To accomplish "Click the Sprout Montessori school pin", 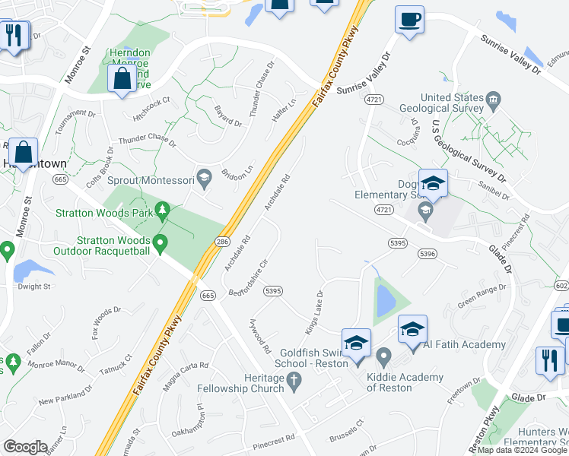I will (203, 179).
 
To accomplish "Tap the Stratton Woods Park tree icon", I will (161, 210).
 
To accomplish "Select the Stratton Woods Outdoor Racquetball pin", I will (160, 244).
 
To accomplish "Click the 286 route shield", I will (221, 241).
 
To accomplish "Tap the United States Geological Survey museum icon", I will (493, 98).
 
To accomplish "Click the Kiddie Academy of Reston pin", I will (383, 356).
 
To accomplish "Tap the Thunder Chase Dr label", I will (147, 141).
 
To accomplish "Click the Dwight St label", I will (34, 287).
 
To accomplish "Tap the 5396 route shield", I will (427, 255).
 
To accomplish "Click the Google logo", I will (25, 447).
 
